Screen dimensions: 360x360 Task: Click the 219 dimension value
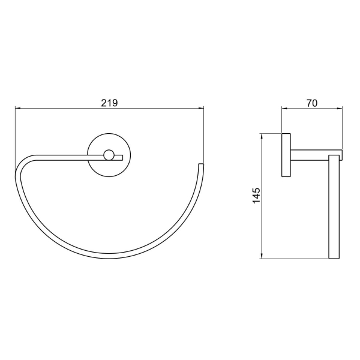[x=109, y=103]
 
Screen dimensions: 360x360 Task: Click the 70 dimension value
[x=312, y=103]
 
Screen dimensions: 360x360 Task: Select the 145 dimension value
[x=256, y=196]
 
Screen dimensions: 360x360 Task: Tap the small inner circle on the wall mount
[x=109, y=155]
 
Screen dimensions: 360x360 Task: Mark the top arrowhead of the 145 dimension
[x=261, y=136]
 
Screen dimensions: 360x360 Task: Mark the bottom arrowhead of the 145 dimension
[x=261, y=256]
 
